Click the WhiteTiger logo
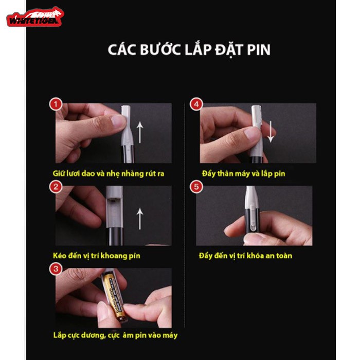point(35,17)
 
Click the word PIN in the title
point(259,50)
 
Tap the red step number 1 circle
point(56,104)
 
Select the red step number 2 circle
point(56,187)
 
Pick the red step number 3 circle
point(56,269)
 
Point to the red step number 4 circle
point(196,104)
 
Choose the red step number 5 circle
point(196,187)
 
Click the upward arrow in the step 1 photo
point(140,133)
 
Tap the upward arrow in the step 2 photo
point(140,219)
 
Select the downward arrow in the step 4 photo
point(271,132)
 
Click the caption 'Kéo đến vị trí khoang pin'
point(97,256)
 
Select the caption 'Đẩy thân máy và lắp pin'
point(244,174)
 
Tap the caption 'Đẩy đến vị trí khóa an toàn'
point(245,256)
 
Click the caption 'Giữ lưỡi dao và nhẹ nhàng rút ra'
point(109,174)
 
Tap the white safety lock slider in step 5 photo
point(252,217)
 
